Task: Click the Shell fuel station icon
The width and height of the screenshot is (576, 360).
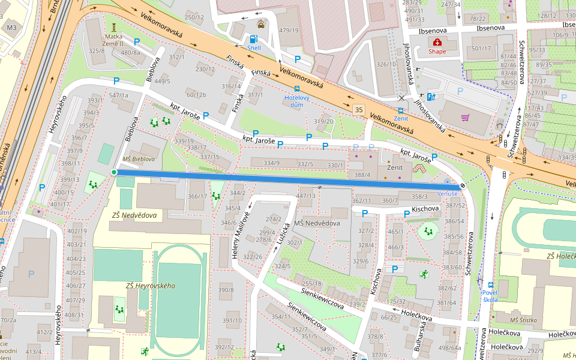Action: (253, 40)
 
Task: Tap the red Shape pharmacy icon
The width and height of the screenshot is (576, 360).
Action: (437, 42)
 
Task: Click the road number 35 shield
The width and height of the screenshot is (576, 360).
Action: (359, 109)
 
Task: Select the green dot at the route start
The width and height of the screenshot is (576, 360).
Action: (114, 172)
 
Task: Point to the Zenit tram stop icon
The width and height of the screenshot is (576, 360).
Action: (401, 111)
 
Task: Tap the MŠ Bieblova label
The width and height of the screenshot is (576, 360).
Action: (139, 159)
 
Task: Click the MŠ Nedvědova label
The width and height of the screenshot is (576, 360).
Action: (317, 223)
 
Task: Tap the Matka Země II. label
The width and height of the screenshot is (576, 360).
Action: (114, 40)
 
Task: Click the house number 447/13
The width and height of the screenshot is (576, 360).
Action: (305, 196)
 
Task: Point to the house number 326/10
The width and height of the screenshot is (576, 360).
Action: (386, 64)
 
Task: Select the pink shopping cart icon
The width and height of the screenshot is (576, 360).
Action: (464, 118)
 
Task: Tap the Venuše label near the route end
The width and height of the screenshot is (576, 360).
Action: (447, 194)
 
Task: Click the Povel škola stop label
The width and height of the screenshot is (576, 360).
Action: (490, 295)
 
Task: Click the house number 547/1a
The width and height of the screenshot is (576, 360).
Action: (118, 95)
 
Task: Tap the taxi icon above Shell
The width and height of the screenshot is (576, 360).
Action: (261, 25)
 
